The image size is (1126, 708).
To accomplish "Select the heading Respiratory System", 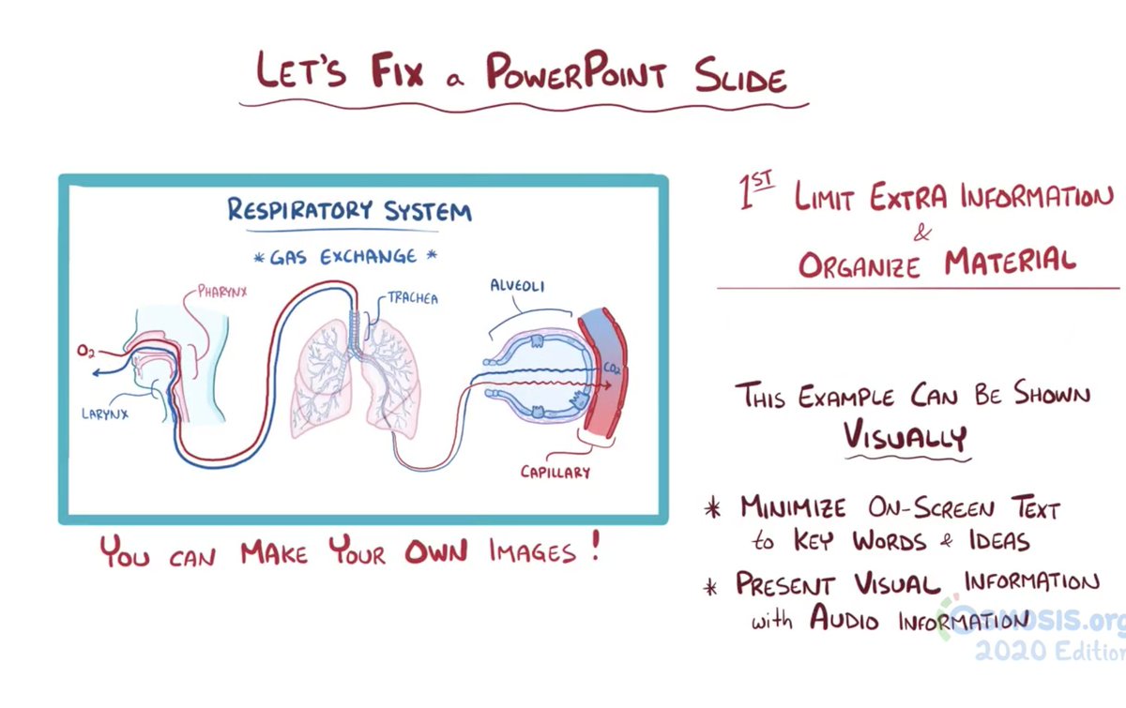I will click(349, 210).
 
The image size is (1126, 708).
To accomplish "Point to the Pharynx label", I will click(222, 292).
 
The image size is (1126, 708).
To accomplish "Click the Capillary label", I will click(555, 471).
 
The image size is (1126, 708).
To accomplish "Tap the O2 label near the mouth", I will click(85, 352).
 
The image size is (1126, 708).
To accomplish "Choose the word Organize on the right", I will click(860, 264).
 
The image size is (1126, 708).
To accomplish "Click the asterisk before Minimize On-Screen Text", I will click(713, 509).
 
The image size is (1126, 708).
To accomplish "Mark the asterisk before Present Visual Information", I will click(714, 586).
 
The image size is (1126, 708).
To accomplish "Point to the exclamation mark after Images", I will click(594, 547).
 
